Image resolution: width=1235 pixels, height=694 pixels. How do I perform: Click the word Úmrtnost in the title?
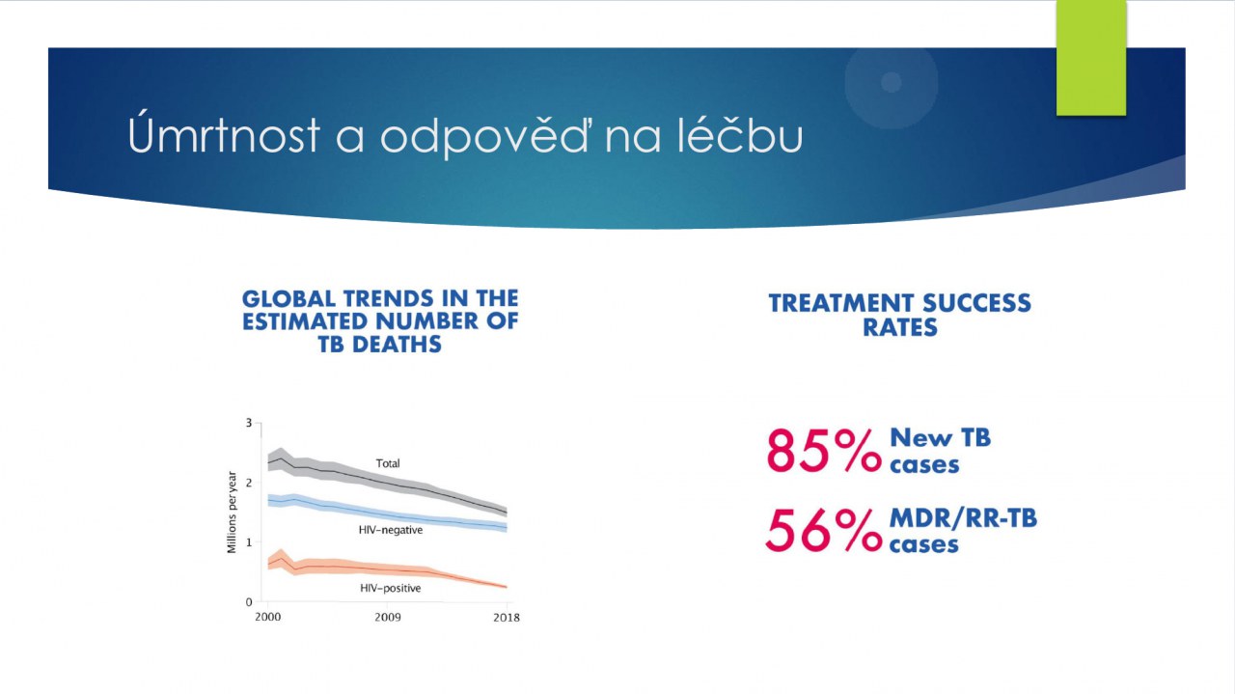click(225, 136)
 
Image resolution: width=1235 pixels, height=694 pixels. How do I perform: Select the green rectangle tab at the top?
click(1091, 58)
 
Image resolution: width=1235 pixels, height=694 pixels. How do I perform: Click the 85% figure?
click(824, 451)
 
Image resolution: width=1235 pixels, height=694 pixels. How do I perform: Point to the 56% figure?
click(824, 530)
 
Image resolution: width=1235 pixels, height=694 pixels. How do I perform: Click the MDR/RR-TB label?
click(963, 518)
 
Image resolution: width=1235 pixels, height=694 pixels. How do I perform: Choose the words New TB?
click(940, 437)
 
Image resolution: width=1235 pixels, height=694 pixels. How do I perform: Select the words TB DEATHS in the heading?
click(380, 344)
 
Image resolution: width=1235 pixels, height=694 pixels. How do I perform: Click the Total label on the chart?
click(388, 463)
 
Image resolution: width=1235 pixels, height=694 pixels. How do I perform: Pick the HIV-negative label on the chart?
click(391, 529)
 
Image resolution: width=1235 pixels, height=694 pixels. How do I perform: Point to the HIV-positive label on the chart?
click(391, 588)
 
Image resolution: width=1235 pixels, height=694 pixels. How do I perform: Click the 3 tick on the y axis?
click(248, 423)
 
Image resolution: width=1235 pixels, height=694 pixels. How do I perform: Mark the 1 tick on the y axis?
click(248, 542)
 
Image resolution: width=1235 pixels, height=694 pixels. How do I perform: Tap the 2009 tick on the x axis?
click(388, 617)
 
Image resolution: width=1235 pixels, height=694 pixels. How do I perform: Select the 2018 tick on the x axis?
click(506, 617)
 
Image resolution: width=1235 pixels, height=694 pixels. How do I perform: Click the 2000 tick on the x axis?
click(268, 617)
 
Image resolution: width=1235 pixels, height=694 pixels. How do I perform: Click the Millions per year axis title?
click(232, 513)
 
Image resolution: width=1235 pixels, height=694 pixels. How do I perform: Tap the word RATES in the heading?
click(900, 327)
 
